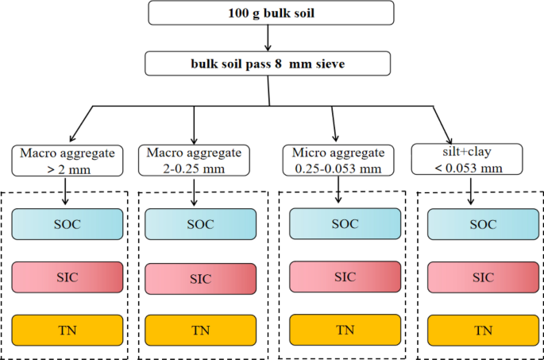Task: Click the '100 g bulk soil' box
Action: coord(271,14)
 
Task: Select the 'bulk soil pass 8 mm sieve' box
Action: coord(268,64)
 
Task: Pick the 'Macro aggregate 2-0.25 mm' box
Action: coord(195,159)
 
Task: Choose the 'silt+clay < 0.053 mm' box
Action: coord(467,159)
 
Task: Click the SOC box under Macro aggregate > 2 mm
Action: coord(68,223)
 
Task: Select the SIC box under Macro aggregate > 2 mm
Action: coord(68,276)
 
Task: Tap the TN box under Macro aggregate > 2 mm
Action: coord(68,329)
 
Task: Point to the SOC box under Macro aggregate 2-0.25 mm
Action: coord(201,225)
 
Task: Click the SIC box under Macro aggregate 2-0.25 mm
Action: coord(201,278)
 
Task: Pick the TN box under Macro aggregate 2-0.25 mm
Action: coord(201,330)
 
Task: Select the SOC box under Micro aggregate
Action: coord(345,223)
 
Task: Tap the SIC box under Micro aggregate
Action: coord(345,276)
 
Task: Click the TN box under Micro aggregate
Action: coord(345,329)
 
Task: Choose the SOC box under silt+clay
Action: coord(478,225)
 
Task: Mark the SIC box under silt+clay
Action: coord(478,277)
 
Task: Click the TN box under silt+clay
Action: coord(478,330)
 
